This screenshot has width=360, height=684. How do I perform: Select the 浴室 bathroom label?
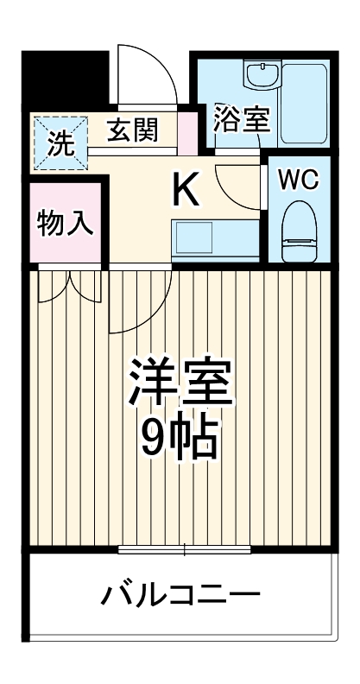coord(243,119)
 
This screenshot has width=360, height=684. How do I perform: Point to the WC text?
coord(298,179)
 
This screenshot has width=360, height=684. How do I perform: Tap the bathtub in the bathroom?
coord(305,104)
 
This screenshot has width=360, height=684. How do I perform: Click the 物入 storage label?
coord(66,223)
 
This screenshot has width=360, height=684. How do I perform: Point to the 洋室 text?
coord(180,381)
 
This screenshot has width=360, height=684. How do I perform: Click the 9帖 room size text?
coord(180,440)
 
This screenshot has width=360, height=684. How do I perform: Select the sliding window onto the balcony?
coord(185,549)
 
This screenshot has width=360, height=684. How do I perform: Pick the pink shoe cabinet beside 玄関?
coord(186,132)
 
